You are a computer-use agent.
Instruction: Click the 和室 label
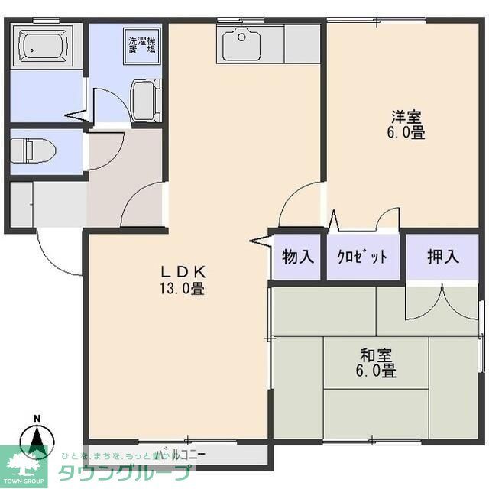point(377,355)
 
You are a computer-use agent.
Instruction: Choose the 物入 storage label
point(298,257)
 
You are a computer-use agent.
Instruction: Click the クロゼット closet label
point(362,257)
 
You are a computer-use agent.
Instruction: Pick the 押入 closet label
point(443,257)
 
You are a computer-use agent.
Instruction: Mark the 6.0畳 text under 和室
point(377,372)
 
